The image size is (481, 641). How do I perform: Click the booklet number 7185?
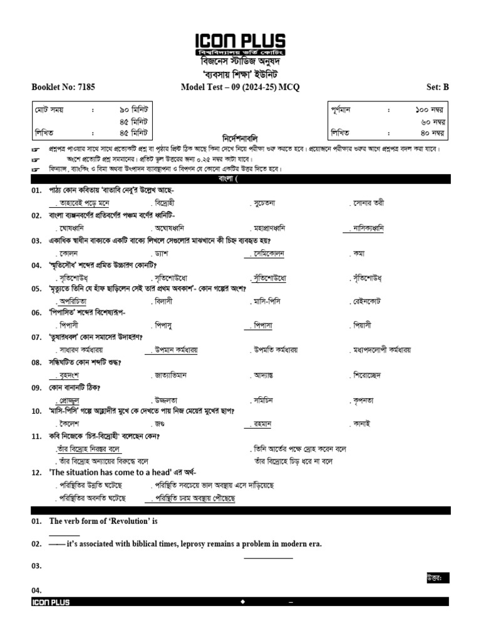[85, 88]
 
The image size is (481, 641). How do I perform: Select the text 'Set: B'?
[437, 88]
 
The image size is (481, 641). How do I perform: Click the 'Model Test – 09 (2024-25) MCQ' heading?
[240, 88]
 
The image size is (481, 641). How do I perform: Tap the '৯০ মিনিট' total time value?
[133, 110]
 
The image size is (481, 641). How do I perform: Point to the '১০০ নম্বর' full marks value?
[430, 110]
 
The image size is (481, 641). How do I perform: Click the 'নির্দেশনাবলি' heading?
[240, 137]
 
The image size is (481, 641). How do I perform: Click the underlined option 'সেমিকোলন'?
[265, 254]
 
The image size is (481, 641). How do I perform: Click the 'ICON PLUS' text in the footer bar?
[51, 602]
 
